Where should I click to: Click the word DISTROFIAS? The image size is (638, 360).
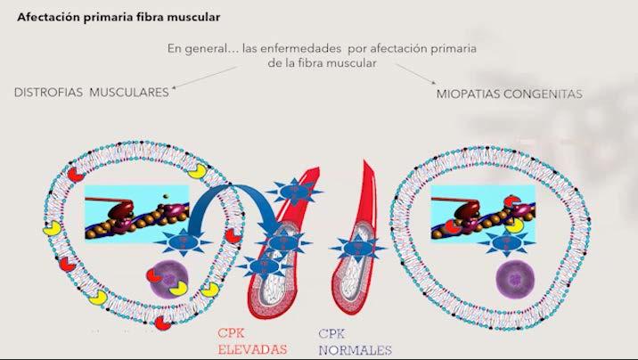pos(48,92)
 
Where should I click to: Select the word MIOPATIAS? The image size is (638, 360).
pos(470,93)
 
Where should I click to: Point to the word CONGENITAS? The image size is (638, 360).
pos(544,93)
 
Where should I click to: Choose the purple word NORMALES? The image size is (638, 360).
pos(355,349)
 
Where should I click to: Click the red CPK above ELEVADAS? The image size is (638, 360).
pos(233,333)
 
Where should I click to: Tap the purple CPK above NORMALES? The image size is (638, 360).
pos(333,333)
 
